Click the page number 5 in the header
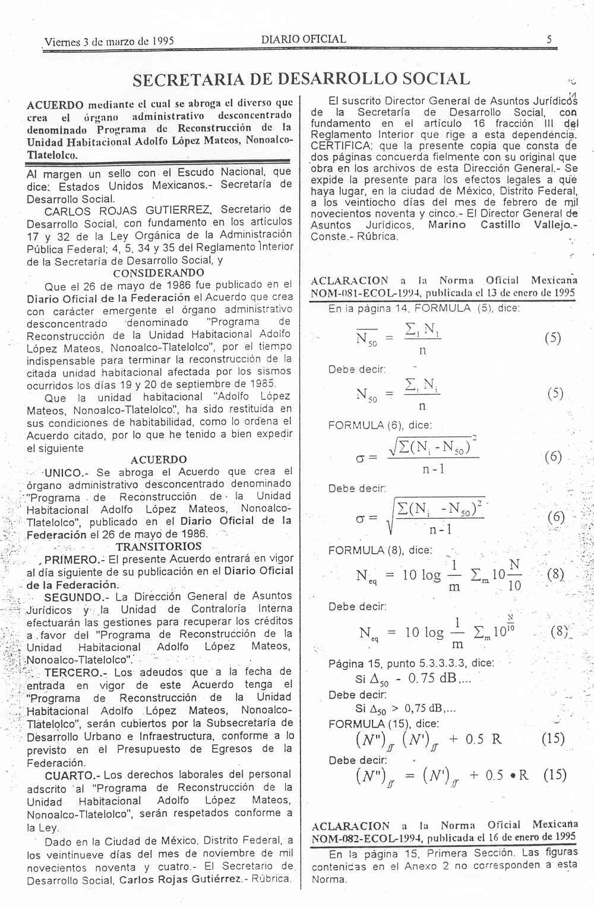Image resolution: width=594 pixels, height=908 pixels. click(x=549, y=40)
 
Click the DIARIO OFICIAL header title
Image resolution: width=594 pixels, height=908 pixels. click(x=303, y=40)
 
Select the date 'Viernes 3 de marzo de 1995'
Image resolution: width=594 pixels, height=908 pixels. click(x=109, y=42)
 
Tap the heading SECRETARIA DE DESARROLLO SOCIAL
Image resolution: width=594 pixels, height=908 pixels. click(x=301, y=79)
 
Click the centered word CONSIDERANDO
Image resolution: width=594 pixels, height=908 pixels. click(x=159, y=273)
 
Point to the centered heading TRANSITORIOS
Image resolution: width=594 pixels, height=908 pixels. click(x=159, y=547)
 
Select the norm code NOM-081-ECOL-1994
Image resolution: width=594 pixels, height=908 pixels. click(x=358, y=293)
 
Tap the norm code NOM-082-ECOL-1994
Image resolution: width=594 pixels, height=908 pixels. click(x=358, y=838)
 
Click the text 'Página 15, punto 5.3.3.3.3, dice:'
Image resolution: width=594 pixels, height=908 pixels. click(x=411, y=663)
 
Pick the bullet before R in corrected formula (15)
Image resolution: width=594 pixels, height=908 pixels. click(x=510, y=776)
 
